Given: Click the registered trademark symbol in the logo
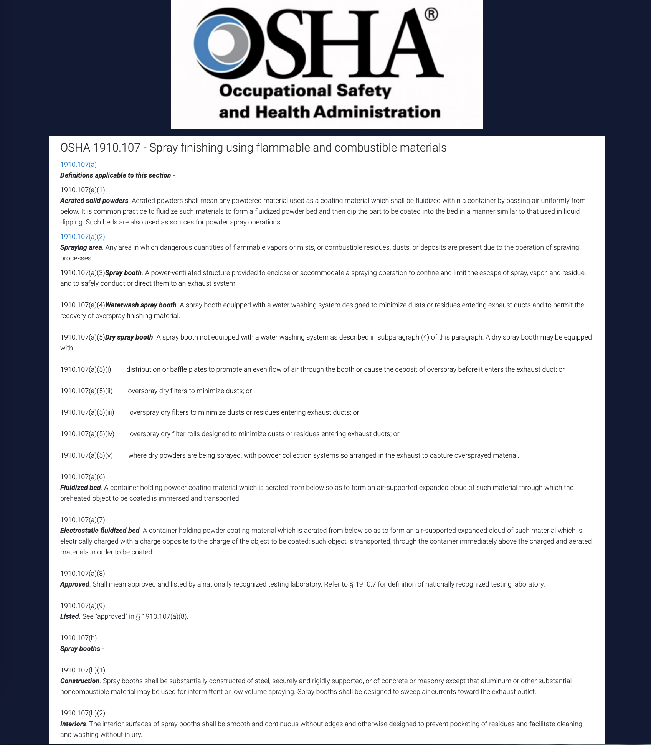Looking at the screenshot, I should pyautogui.click(x=431, y=15).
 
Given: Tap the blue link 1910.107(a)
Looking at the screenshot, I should pyautogui.click(x=78, y=165).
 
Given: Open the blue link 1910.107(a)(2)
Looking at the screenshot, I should pyautogui.click(x=83, y=237).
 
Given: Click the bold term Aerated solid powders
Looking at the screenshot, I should pyautogui.click(x=94, y=201).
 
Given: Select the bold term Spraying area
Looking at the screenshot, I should pyautogui.click(x=81, y=247).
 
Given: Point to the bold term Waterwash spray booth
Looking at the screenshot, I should pyautogui.click(x=140, y=305).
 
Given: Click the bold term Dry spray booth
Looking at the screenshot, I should pyautogui.click(x=129, y=337).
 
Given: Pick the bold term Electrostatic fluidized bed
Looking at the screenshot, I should pyautogui.click(x=100, y=531).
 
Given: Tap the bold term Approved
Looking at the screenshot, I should pyautogui.click(x=74, y=584).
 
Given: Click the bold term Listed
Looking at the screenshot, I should pyautogui.click(x=69, y=616).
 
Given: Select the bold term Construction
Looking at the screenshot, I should pyautogui.click(x=80, y=681).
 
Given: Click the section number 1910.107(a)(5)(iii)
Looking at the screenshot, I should pyautogui.click(x=87, y=412).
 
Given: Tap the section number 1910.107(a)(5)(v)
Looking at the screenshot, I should pyautogui.click(x=86, y=455).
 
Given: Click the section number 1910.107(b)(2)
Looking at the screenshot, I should pyautogui.click(x=83, y=713).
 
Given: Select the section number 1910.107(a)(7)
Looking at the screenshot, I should pyautogui.click(x=83, y=520).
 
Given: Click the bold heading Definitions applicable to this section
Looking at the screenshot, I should pyautogui.click(x=116, y=175).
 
